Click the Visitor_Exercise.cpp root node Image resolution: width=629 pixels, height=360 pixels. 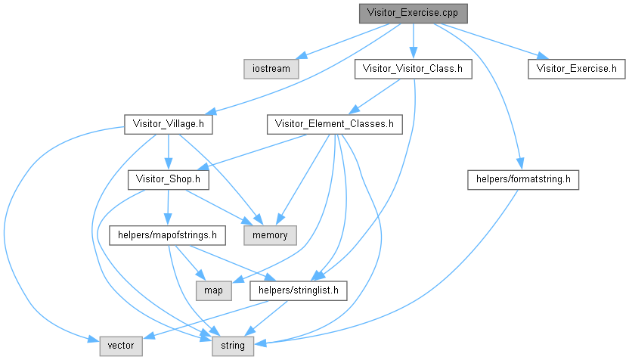click(413, 13)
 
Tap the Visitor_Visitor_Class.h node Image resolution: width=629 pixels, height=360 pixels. click(413, 68)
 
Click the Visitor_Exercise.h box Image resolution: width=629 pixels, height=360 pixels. click(577, 68)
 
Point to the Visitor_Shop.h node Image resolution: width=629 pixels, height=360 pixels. click(168, 179)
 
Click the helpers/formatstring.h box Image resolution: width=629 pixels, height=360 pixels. click(523, 179)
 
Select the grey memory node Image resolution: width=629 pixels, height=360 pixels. click(270, 235)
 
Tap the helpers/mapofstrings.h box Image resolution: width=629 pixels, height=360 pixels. click(168, 235)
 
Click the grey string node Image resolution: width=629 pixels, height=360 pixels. click(228, 346)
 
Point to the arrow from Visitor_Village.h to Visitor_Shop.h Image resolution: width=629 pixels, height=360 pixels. click(168, 151)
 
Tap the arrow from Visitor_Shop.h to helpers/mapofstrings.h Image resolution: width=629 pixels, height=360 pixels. click(168, 207)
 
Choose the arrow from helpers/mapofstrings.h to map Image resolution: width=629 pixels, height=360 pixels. click(189, 263)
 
